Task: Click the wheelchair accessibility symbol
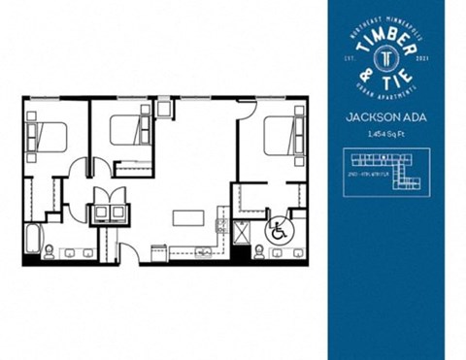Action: (x=277, y=232)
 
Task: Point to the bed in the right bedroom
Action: (x=284, y=135)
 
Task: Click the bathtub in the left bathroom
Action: (x=32, y=238)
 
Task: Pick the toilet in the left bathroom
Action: (x=49, y=253)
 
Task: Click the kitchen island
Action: (x=185, y=217)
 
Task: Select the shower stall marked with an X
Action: (x=242, y=233)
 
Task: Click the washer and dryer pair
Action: (x=108, y=213)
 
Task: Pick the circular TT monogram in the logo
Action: (x=387, y=56)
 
